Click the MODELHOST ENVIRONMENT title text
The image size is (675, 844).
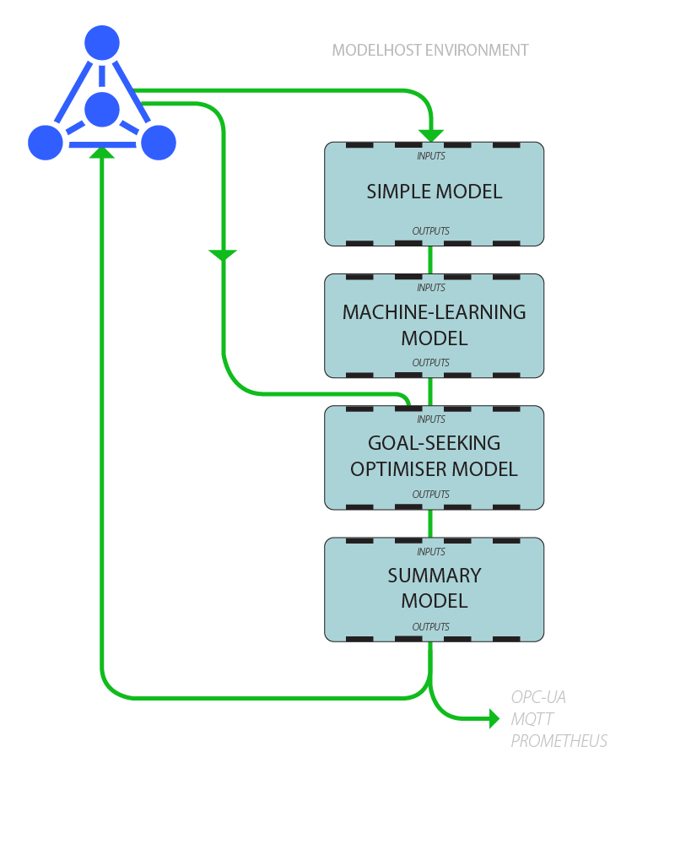tap(430, 50)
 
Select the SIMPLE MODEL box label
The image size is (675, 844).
tap(434, 192)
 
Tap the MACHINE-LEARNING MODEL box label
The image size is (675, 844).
tap(434, 325)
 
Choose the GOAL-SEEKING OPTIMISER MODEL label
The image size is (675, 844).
tap(434, 456)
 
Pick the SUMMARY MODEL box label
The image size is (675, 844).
tap(434, 588)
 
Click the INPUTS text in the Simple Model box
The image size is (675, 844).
tap(431, 156)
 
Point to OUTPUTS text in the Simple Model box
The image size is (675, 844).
tap(430, 230)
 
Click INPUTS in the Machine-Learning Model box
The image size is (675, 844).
tap(431, 288)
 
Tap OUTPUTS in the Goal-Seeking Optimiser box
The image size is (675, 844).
tap(430, 494)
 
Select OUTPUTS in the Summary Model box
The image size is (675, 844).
tap(430, 626)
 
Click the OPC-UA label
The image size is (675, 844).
tap(538, 698)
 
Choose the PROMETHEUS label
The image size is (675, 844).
tap(559, 741)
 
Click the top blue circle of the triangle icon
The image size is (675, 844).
tap(102, 42)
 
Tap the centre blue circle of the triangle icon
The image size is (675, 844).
tap(102, 109)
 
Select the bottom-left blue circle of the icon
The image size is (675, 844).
tap(46, 142)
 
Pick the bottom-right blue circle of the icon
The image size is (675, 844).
tap(158, 142)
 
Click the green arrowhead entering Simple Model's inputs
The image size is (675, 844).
tap(431, 135)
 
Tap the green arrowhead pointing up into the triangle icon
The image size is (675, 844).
tap(102, 152)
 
